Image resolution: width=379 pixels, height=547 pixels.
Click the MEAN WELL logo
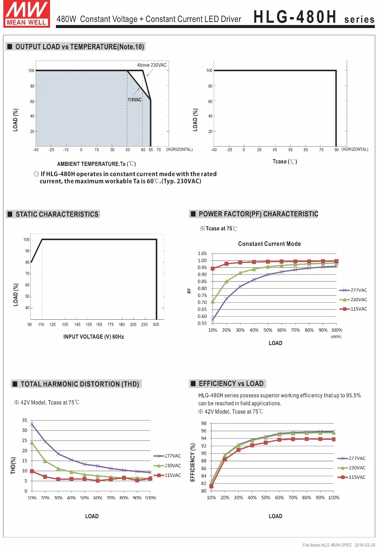[x=27, y=13]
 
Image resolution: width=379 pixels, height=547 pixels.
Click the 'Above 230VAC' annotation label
[x=152, y=65]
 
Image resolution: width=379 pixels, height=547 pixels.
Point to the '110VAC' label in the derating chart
[x=135, y=100]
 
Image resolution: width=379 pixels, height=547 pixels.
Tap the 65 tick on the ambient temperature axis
[x=151, y=150]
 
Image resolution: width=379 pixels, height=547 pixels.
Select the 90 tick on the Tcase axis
[x=337, y=150]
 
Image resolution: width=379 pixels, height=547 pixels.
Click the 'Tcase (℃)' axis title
[x=285, y=162]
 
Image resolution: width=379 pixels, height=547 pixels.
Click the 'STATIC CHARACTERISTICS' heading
[x=57, y=214]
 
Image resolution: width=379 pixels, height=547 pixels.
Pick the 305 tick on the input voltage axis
[x=156, y=325]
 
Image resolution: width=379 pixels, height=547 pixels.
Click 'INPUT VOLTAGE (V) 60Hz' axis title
[x=94, y=337]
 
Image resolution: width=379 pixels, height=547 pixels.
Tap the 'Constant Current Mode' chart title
[x=269, y=244]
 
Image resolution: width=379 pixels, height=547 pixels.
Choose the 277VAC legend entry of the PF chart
[x=353, y=290]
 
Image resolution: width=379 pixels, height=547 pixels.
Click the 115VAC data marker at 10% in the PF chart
[x=213, y=269]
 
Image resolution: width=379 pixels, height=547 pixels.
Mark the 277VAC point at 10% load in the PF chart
[x=213, y=320]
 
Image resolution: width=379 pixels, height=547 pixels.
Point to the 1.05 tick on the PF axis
[x=202, y=253]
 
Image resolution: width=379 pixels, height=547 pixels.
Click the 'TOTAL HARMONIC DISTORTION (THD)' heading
[x=80, y=384]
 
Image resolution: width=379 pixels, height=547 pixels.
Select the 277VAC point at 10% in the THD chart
[x=32, y=424]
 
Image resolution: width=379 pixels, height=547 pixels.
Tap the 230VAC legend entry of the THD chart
[x=168, y=466]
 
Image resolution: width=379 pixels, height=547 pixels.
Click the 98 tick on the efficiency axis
[x=204, y=424]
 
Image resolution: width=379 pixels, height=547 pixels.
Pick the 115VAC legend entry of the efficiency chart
[x=351, y=477]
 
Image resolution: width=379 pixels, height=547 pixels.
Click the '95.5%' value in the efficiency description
[x=353, y=395]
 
